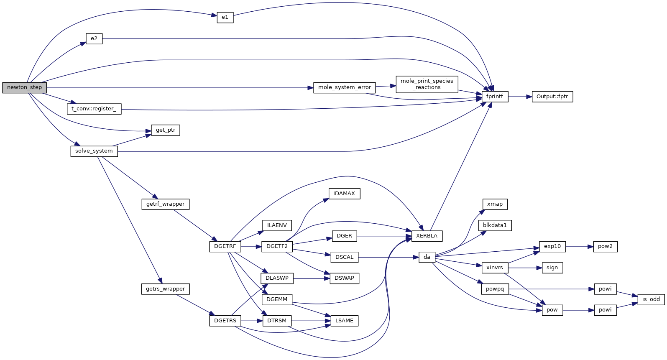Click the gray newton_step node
24,88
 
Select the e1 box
225,18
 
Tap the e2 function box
94,39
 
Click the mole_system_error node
344,88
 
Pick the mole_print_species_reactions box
427,84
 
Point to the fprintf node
495,97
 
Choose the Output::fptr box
552,97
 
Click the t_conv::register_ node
94,109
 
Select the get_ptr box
166,130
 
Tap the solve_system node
94,151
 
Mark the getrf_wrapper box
165,204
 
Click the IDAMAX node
344,194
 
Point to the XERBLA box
427,236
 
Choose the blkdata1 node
495,226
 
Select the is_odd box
651,299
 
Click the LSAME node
344,321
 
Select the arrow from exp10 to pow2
579,247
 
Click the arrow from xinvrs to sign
525,268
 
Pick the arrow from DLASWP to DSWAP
311,278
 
